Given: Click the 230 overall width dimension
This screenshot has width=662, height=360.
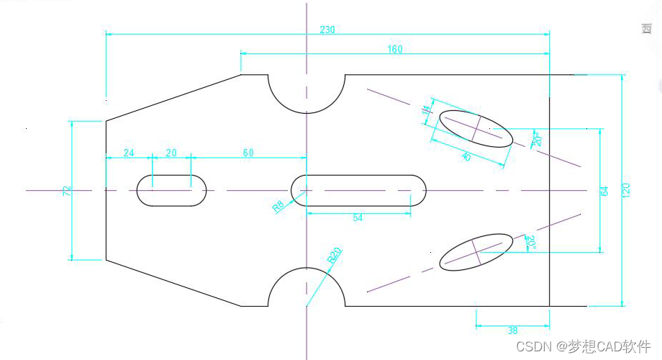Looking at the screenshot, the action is (x=327, y=30).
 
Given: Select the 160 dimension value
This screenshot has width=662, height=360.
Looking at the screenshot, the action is (x=395, y=49).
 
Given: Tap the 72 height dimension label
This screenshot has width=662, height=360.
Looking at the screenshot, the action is (x=67, y=191).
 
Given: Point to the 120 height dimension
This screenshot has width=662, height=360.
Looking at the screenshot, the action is (x=626, y=190).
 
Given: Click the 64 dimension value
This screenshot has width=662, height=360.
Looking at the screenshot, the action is (x=604, y=191).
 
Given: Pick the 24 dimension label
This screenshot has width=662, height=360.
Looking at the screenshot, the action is (x=129, y=153).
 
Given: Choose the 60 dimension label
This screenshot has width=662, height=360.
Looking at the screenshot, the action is (x=248, y=153).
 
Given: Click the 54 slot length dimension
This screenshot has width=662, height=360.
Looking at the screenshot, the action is (x=358, y=217).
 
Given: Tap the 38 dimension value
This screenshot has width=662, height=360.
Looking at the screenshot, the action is (x=512, y=330).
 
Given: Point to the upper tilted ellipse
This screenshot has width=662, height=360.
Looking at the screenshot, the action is (x=476, y=128).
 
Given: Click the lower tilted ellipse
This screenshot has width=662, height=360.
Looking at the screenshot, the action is (x=476, y=251).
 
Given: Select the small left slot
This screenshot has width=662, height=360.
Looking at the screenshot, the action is (x=171, y=191).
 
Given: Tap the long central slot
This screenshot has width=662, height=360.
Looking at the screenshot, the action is (x=358, y=190).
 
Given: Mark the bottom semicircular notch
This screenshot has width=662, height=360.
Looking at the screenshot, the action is (x=307, y=288).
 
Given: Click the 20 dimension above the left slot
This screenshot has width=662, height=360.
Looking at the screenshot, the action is (x=171, y=153).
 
